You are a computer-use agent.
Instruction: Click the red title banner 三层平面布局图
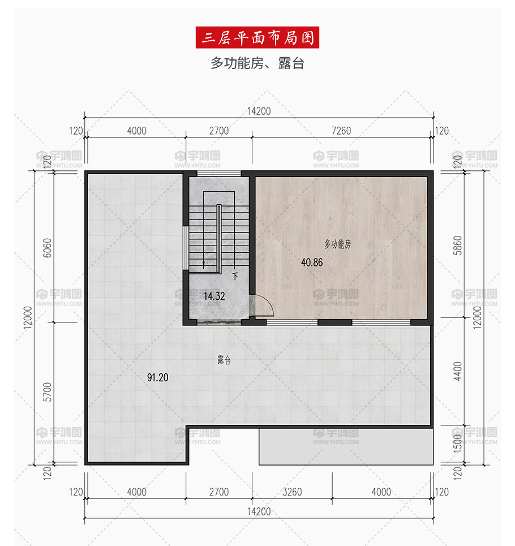257,37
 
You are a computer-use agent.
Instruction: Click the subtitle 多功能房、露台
257,63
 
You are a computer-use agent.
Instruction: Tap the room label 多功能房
338,244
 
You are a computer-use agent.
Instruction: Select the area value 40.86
312,262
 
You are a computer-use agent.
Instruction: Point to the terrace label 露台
224,360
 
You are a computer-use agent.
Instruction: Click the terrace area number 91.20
158,377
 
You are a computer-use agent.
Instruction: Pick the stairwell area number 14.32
214,296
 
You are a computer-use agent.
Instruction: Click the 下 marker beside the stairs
235,277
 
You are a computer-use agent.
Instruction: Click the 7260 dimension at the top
341,131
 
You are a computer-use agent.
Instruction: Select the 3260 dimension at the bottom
292,492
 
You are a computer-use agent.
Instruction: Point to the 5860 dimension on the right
457,246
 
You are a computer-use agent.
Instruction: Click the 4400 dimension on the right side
457,371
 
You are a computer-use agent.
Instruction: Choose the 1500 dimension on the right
457,444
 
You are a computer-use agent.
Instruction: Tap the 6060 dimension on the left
48,248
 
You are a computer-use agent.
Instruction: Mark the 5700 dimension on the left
48,392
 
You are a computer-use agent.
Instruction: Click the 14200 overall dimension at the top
259,111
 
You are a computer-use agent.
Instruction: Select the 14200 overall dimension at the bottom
259,511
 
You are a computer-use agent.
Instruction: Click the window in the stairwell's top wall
219,173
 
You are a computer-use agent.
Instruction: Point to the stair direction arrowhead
204,266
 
